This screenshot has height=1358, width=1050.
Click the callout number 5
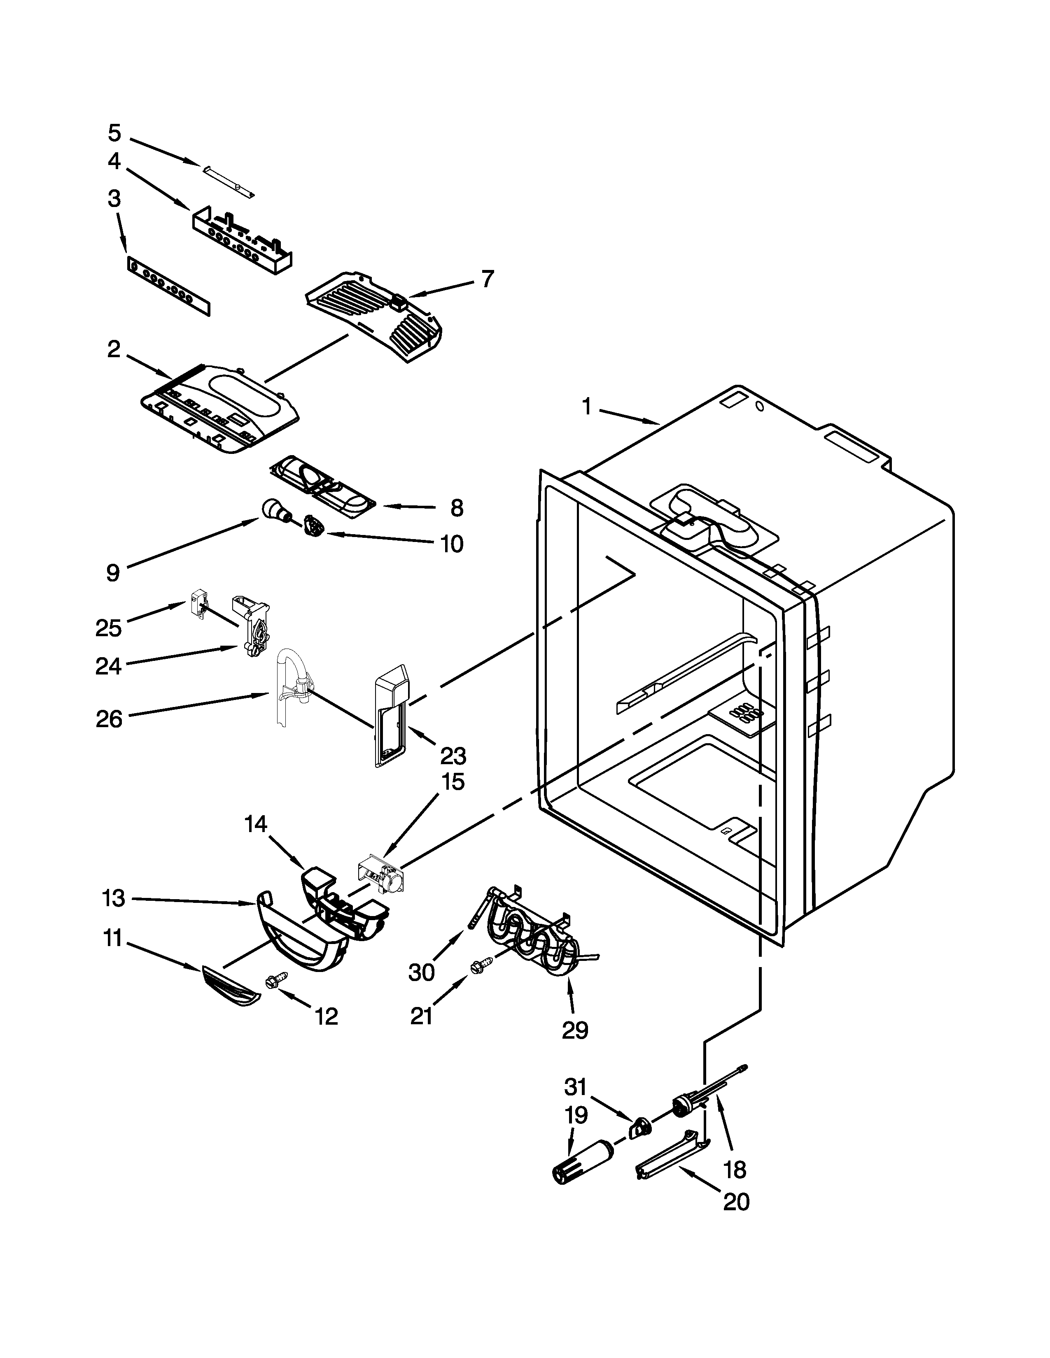[114, 133]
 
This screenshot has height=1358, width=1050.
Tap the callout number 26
[110, 719]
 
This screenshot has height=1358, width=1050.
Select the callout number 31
[575, 1086]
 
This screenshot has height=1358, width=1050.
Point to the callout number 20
[736, 1202]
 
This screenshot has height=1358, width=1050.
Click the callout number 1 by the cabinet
[587, 407]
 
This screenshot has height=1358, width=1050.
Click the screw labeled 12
[275, 980]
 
